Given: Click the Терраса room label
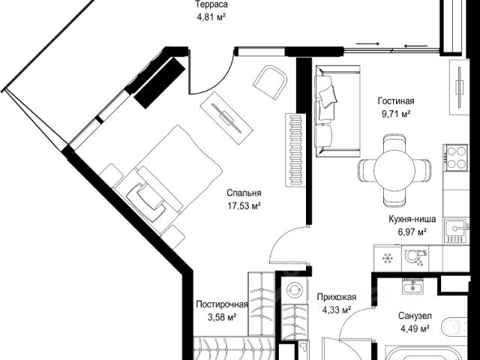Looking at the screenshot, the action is pyautogui.click(x=211, y=4).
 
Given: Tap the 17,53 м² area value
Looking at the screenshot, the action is pyautogui.click(x=244, y=205).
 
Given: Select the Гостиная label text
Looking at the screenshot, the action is pyautogui.click(x=396, y=101).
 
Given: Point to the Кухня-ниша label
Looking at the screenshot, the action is pyautogui.click(x=412, y=219).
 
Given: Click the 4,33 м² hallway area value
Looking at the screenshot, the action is pyautogui.click(x=337, y=310).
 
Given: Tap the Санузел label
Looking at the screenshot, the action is pyautogui.click(x=415, y=316).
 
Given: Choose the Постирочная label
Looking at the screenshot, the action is pyautogui.click(x=222, y=304).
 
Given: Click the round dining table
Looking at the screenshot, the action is pyautogui.click(x=394, y=170).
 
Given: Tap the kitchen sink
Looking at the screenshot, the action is pyautogui.click(x=456, y=230).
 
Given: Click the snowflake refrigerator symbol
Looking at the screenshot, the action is pyautogui.click(x=388, y=259).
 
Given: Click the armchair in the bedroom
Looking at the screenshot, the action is pyautogui.click(x=271, y=82).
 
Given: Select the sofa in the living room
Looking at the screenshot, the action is pyautogui.click(x=337, y=111).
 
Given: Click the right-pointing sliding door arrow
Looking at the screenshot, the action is pyautogui.click(x=367, y=43).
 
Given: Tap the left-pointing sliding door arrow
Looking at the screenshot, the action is pyautogui.click(x=415, y=46).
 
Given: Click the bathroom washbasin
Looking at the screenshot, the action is pyautogui.click(x=413, y=286).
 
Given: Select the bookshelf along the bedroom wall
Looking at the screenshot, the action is pyautogui.click(x=295, y=150).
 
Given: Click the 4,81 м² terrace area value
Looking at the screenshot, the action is pyautogui.click(x=211, y=17).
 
